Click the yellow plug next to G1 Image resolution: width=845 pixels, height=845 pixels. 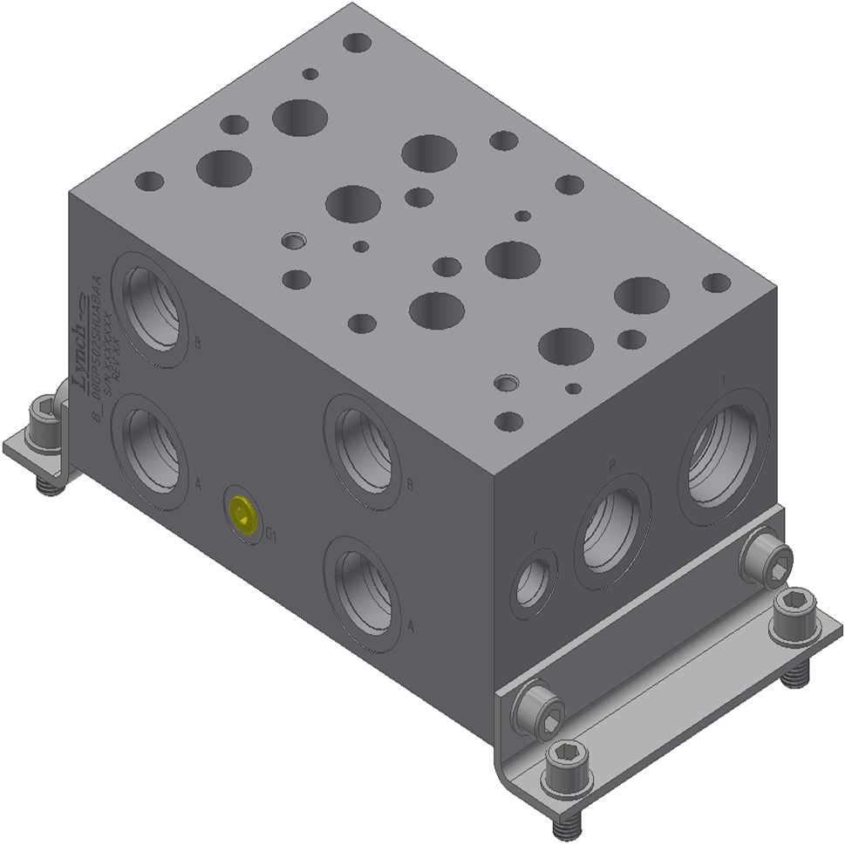(242, 514)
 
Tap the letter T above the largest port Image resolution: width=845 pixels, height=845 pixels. (723, 381)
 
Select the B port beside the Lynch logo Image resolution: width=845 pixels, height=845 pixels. (153, 306)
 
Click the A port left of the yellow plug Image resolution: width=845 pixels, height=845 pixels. (153, 445)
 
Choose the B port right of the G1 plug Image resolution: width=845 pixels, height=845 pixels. (362, 446)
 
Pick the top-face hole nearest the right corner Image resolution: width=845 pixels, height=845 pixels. (716, 283)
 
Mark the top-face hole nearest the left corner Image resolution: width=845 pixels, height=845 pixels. (149, 182)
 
